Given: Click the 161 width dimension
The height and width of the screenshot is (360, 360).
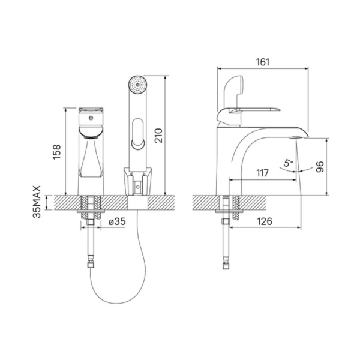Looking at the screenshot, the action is [x=263, y=62].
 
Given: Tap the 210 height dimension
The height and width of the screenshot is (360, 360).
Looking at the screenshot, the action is [x=158, y=136].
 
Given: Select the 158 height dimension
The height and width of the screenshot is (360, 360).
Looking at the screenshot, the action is [x=57, y=152].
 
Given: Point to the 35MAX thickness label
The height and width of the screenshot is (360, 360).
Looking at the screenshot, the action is [x=37, y=202].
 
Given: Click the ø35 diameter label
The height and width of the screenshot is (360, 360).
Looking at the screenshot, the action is [x=118, y=221].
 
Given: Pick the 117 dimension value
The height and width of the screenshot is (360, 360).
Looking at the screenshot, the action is [x=262, y=173].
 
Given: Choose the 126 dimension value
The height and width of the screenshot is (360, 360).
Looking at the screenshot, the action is [x=265, y=221].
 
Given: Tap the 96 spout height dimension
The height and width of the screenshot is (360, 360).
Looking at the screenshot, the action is [x=320, y=167].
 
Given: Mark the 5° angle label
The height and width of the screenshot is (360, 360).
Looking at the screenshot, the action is [x=287, y=163].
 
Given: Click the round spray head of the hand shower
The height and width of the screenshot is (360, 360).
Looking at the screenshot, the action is [x=137, y=84].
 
